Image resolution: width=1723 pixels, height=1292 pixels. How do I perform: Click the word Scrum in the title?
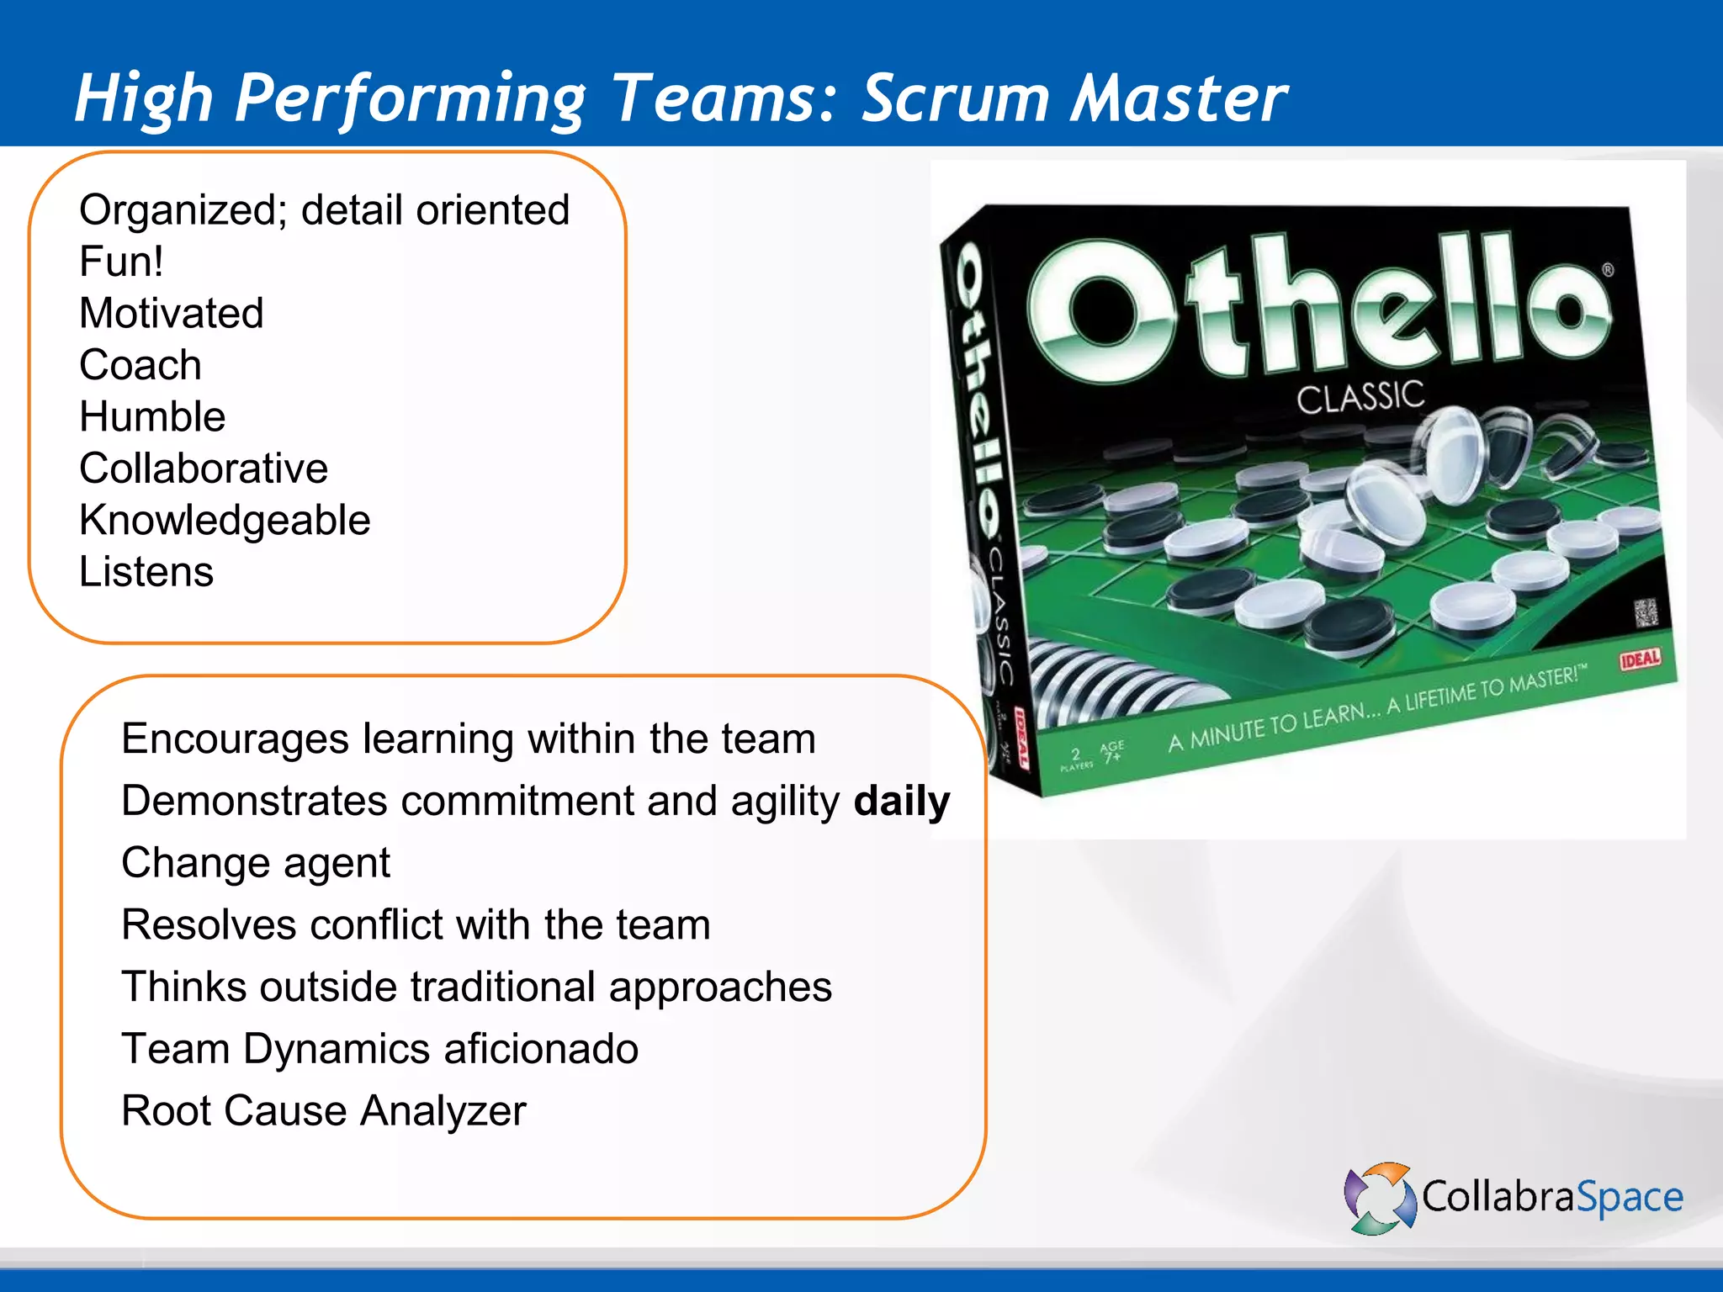point(955,98)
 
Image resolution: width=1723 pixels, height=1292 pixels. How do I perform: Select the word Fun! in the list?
point(121,262)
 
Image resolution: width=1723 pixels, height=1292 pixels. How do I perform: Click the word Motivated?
point(171,314)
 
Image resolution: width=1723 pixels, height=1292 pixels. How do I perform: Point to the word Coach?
point(140,365)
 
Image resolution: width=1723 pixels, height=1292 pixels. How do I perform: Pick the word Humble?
point(152,417)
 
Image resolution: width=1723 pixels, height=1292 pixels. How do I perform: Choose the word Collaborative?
point(203,469)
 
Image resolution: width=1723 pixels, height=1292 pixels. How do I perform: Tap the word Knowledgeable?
point(225,521)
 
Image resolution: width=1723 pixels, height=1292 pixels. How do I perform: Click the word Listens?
point(146,572)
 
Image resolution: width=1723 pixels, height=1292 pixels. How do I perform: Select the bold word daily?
point(901,801)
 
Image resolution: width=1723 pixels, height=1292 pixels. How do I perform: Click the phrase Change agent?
point(256,863)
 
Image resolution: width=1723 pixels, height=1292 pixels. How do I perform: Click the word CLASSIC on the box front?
point(1360,397)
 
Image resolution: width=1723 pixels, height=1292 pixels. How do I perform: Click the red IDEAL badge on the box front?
point(1640,659)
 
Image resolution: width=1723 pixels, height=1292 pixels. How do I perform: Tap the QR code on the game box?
point(1646,612)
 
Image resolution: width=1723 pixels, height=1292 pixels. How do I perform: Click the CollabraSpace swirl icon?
point(1380,1198)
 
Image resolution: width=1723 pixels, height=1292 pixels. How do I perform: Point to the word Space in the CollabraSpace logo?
point(1629,1198)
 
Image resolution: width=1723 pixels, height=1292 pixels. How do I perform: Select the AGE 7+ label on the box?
point(1111,751)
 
